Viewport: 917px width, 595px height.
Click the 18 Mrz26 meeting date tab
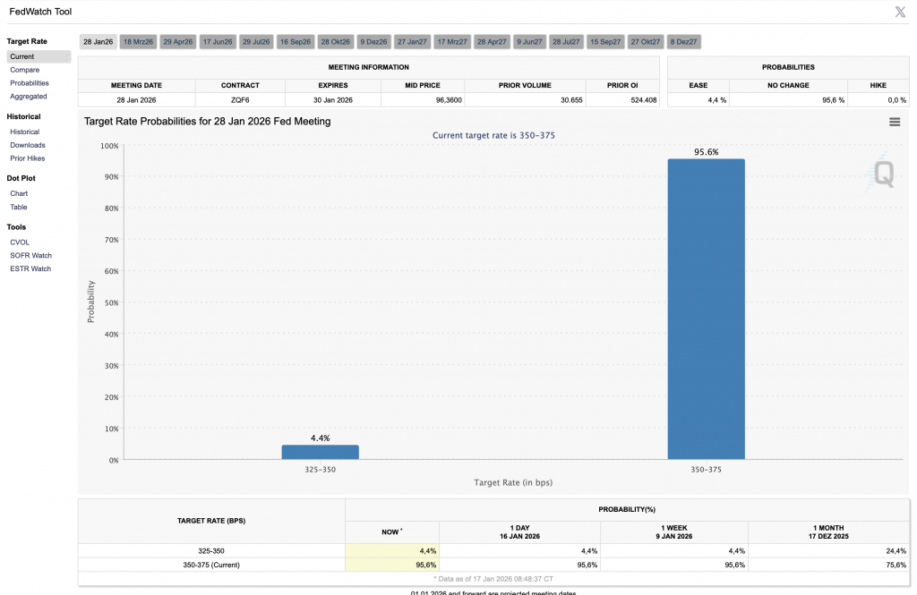point(139,42)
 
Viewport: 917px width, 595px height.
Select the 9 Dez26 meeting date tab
point(373,42)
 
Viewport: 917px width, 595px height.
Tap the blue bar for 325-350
point(320,453)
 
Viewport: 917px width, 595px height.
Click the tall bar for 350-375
point(706,309)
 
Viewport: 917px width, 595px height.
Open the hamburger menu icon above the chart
point(895,122)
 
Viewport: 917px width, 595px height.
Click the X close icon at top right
point(900,12)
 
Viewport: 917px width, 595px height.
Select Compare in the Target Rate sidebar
point(25,70)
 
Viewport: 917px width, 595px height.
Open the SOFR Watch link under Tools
point(30,255)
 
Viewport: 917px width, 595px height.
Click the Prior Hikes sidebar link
point(28,158)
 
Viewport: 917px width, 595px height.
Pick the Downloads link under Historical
point(28,145)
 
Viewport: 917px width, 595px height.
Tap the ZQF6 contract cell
point(239,100)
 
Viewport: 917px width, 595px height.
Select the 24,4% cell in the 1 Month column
point(896,551)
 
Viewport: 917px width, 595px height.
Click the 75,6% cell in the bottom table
point(896,565)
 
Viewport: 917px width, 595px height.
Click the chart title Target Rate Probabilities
point(207,122)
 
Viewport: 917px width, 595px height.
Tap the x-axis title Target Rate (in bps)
point(513,483)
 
